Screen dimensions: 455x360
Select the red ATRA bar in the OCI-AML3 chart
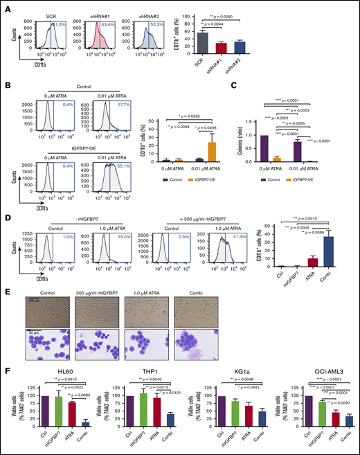tap(334, 422)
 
